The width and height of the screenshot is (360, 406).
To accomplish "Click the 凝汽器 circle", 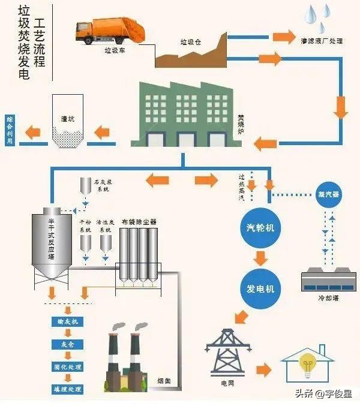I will (x=328, y=194).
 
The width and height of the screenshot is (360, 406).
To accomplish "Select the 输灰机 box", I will (x=67, y=322).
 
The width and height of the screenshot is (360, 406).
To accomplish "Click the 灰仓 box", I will (x=67, y=345).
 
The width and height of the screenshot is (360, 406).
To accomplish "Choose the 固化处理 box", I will (x=67, y=367).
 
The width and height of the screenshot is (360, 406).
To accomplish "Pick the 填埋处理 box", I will (x=67, y=389).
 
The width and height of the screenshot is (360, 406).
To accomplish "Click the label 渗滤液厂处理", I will (x=321, y=41).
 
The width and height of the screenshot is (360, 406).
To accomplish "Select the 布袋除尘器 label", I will (x=139, y=221).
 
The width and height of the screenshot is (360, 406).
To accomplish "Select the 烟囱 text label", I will (x=164, y=380).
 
